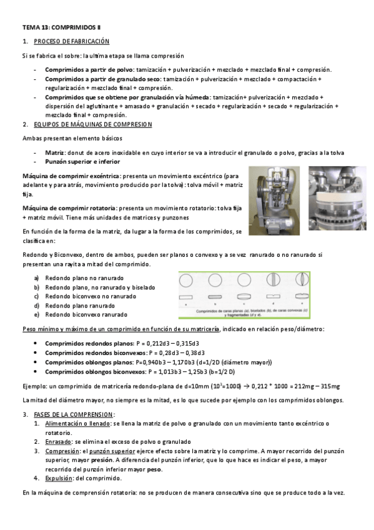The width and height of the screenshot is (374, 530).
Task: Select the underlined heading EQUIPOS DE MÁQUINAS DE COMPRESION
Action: (x=92, y=124)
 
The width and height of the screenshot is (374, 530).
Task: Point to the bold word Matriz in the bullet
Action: (x=56, y=152)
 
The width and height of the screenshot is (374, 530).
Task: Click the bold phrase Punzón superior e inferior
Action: (x=83, y=162)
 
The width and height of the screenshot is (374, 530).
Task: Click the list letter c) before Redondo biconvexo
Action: (x=37, y=296)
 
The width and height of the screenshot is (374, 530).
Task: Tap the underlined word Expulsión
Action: (x=59, y=478)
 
